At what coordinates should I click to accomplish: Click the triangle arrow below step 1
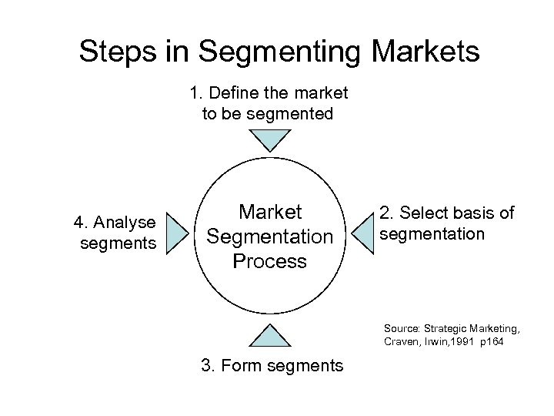269,139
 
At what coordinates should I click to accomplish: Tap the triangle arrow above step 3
269,336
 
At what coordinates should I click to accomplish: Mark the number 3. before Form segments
208,365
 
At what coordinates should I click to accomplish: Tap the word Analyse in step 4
124,223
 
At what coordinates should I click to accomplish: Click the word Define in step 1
233,93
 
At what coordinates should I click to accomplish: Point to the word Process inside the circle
269,261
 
